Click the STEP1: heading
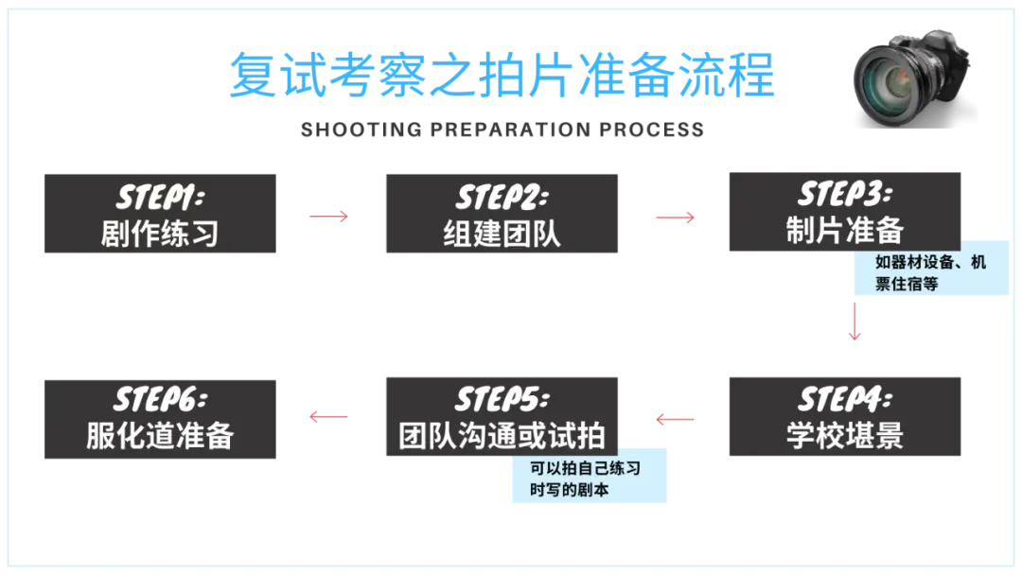pyautogui.click(x=159, y=198)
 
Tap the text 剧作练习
pyautogui.click(x=159, y=233)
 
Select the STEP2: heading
pyautogui.click(x=501, y=198)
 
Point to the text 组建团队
pyautogui.click(x=501, y=233)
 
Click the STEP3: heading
pyautogui.click(x=844, y=195)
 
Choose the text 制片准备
pyautogui.click(x=844, y=230)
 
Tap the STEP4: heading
pyautogui.click(x=844, y=398)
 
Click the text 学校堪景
pyautogui.click(x=844, y=434)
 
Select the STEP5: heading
pyautogui.click(x=501, y=398)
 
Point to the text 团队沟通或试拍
pyautogui.click(x=501, y=434)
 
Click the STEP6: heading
pyautogui.click(x=159, y=398)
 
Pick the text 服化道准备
pyautogui.click(x=159, y=434)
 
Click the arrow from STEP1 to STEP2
pyautogui.click(x=326, y=217)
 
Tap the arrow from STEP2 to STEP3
pyautogui.click(x=674, y=217)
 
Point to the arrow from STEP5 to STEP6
pyautogui.click(x=326, y=416)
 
